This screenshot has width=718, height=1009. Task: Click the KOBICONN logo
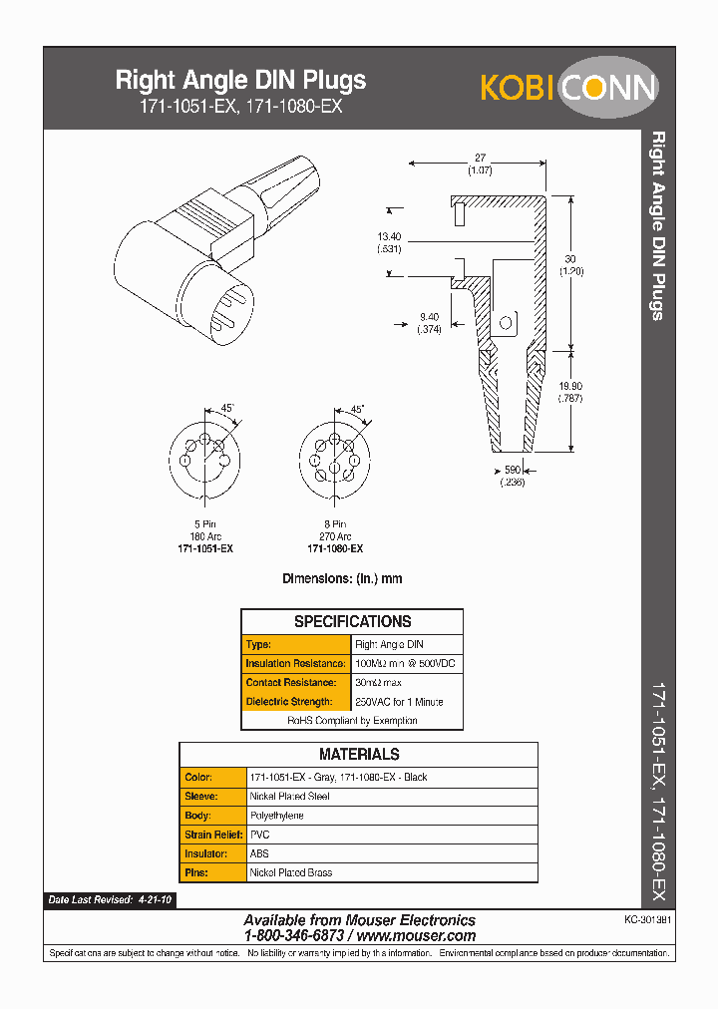click(568, 88)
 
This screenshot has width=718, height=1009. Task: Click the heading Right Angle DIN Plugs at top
click(240, 80)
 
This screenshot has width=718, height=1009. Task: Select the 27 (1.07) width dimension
click(478, 164)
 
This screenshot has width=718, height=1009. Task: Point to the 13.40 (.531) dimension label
click(389, 242)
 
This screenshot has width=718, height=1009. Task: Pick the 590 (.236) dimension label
click(511, 475)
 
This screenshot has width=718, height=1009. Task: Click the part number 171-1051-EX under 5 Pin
click(204, 548)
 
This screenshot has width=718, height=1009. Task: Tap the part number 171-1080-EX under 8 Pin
click(334, 548)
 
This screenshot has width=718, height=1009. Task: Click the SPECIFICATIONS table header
click(352, 621)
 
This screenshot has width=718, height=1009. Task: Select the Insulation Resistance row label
click(296, 663)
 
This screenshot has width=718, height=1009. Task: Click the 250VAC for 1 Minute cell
click(399, 702)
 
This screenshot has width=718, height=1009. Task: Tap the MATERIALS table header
click(358, 755)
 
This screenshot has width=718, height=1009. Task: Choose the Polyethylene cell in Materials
click(276, 816)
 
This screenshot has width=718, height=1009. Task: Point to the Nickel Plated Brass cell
click(290, 872)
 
